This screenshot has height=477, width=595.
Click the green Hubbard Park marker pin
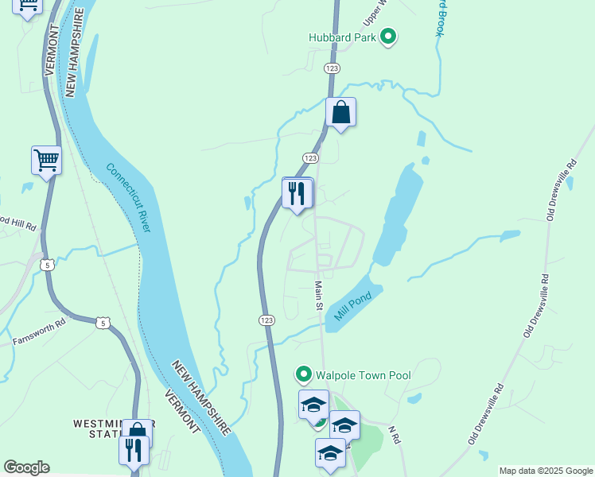[388, 37]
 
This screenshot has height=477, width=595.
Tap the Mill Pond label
[353, 303]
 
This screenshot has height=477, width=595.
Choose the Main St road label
[318, 294]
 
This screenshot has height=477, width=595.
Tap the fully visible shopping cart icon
[46, 160]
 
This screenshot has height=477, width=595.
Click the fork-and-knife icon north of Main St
[297, 193]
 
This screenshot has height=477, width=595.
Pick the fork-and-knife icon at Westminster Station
[133, 451]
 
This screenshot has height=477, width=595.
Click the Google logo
[26, 467]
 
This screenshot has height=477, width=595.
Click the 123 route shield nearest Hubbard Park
[332, 69]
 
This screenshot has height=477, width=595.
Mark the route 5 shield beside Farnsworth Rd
[101, 321]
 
